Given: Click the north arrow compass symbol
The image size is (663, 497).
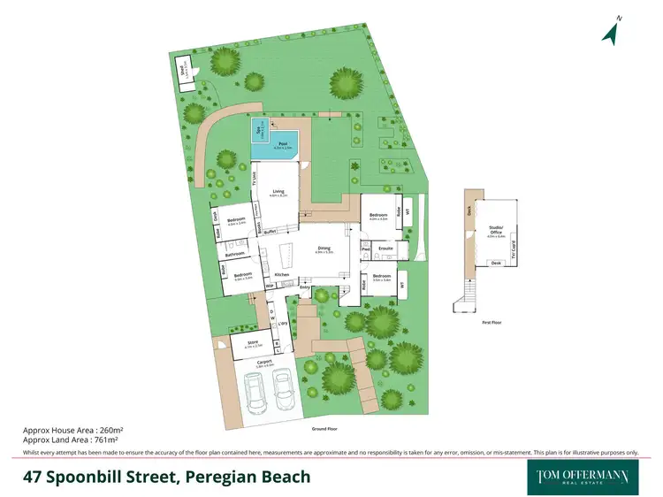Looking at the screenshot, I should (609, 31).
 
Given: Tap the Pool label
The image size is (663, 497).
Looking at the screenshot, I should (282, 143).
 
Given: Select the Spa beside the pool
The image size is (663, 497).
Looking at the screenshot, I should (259, 130).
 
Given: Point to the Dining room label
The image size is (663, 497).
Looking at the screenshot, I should (324, 250).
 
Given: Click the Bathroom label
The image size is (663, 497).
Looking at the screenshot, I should (234, 255).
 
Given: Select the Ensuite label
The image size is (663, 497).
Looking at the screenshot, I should (385, 249).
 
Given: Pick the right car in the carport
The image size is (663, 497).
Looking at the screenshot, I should (283, 386).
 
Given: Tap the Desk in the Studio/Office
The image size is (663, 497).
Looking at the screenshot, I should (496, 264).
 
